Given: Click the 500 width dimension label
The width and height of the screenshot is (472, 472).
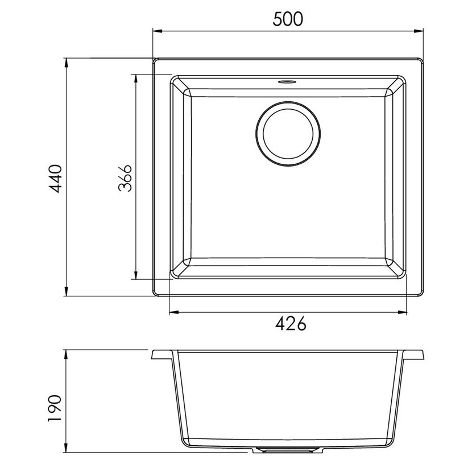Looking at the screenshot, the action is [x=288, y=19].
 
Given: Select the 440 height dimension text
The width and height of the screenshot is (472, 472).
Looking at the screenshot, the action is [x=56, y=178].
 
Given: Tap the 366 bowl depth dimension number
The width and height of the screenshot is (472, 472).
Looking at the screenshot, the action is [x=125, y=178].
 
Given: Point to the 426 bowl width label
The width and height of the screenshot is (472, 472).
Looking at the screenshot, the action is [x=291, y=324].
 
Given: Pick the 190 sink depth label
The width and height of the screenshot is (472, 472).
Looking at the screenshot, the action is [x=55, y=408].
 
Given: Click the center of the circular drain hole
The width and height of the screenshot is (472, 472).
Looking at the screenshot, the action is [x=288, y=134].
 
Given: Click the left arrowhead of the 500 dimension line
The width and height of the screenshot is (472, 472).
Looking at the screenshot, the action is [x=158, y=31].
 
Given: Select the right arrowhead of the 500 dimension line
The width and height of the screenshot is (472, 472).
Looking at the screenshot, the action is [x=419, y=31].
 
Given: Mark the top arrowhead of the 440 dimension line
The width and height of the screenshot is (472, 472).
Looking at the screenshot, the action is [x=66, y=63].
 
